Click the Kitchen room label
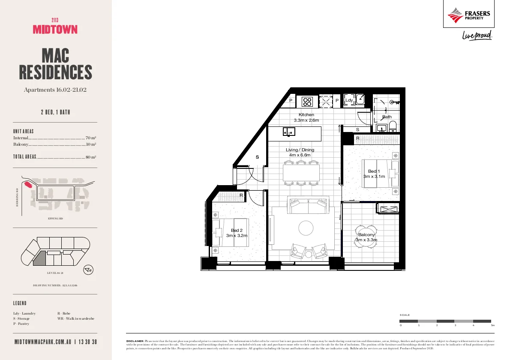pos(306,115)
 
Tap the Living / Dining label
pos(300,150)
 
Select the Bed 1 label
pos(374,171)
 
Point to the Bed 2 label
pos(237,230)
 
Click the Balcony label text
pos(366,234)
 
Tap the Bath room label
pos(387,117)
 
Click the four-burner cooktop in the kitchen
pos(307,102)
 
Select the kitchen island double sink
pos(289,132)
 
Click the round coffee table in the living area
pos(306,227)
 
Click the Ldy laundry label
pos(349,100)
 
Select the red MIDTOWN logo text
pos(55,29)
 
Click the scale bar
pos(445,321)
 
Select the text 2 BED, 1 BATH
pos(55,113)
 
